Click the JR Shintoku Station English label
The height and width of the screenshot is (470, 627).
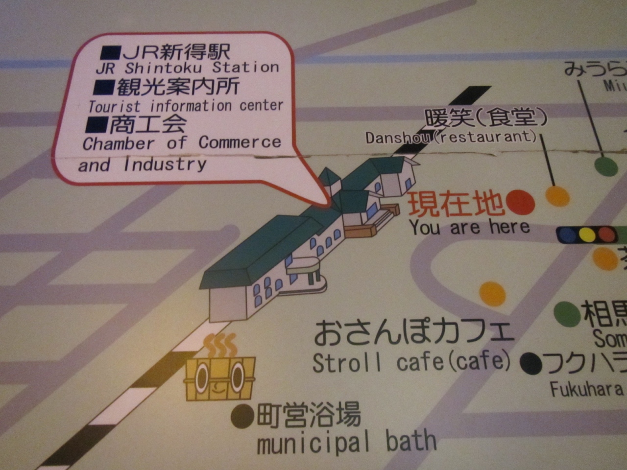pos(188,68)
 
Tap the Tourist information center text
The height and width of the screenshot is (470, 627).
pos(186,106)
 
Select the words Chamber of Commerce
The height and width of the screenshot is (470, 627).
pos(182,143)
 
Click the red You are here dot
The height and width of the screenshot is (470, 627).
pos(520,202)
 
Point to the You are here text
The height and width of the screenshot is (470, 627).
pos(470,228)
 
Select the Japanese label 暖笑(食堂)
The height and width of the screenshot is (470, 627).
pos(485,117)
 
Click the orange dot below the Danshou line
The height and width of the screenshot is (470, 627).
pos(557,196)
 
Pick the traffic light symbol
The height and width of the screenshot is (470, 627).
pos(586,235)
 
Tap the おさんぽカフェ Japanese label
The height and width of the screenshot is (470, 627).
pos(414,332)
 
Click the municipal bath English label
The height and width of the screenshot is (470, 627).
pos(346,442)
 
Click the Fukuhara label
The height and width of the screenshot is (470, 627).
pos(586,390)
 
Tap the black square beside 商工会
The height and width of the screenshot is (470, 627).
pos(96,124)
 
